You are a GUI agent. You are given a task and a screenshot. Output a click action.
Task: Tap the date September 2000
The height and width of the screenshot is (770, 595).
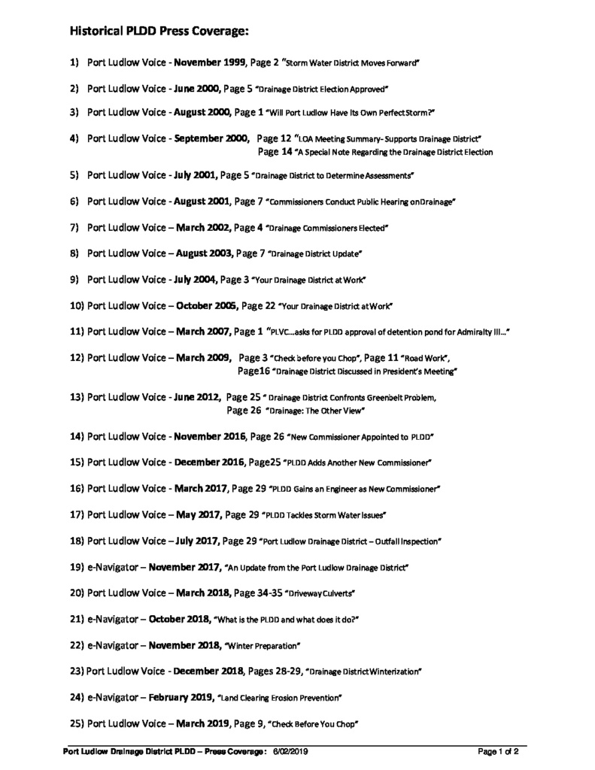tap(211, 139)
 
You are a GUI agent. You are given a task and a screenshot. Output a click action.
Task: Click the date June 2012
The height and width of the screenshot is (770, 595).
tap(197, 398)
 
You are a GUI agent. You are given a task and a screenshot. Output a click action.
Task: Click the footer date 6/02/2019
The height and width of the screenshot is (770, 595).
tap(290, 751)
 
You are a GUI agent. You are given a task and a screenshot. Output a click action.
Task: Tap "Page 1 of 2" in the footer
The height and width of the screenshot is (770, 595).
tap(498, 751)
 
